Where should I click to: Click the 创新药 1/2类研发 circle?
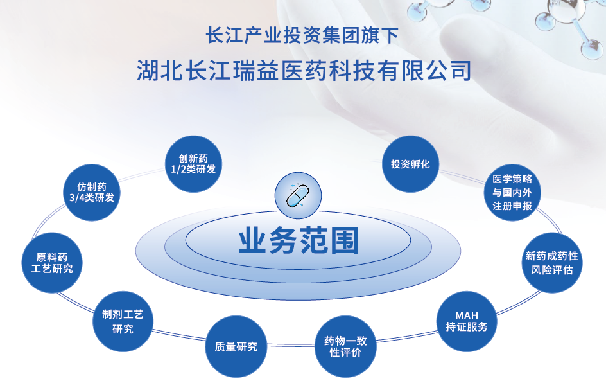tap(193, 164)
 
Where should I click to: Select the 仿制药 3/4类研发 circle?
tap(92, 192)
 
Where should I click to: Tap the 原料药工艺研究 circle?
tap(52, 263)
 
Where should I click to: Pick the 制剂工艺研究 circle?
tap(123, 321)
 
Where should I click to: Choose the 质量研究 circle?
tap(236, 346)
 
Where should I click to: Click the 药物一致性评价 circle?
tap(345, 346)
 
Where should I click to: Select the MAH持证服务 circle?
tap(467, 321)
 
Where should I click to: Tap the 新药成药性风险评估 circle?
tap(552, 263)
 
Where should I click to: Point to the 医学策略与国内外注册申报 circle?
tap(512, 192)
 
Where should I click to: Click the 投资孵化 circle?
tap(410, 164)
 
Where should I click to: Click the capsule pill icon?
tap(298, 195)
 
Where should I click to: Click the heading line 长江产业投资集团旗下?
tap(302, 35)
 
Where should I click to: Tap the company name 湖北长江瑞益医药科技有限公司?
tap(304, 71)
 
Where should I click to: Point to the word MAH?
tap(467, 315)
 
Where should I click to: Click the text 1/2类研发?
tap(193, 170)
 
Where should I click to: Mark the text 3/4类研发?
tap(92, 198)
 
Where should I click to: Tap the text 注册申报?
tap(512, 206)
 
